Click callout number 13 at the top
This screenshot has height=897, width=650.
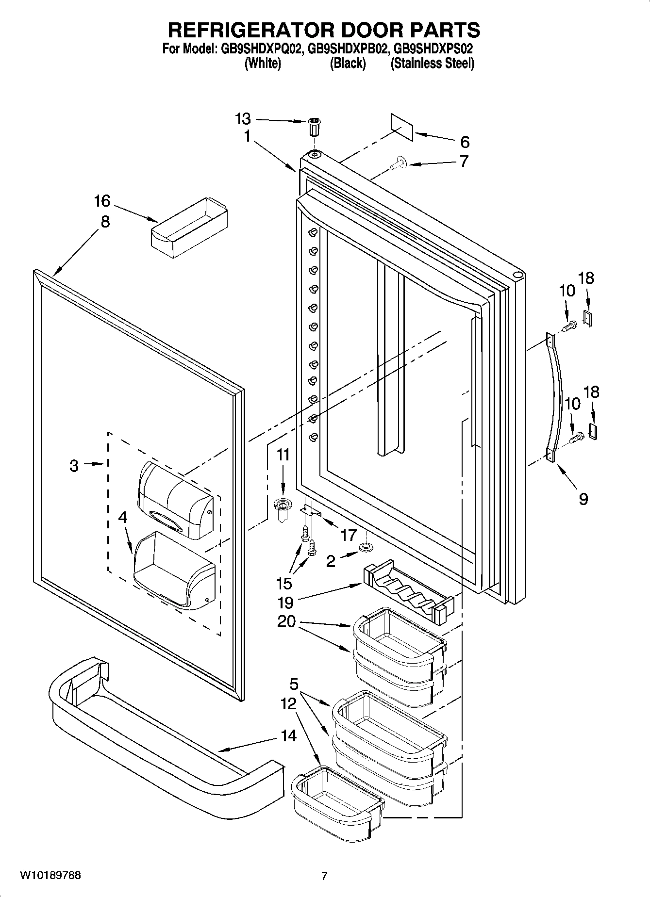pyautogui.click(x=243, y=119)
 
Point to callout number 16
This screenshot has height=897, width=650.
pyautogui.click(x=102, y=201)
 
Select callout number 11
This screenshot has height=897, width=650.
pyautogui.click(x=283, y=455)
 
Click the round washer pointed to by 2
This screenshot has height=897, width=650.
pyautogui.click(x=365, y=547)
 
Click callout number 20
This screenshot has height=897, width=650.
pyautogui.click(x=287, y=621)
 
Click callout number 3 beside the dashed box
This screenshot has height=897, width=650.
pyautogui.click(x=74, y=466)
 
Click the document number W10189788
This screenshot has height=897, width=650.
pyautogui.click(x=50, y=876)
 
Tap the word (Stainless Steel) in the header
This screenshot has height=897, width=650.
pyautogui.click(x=432, y=64)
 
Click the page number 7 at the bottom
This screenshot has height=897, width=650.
pyautogui.click(x=324, y=876)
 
